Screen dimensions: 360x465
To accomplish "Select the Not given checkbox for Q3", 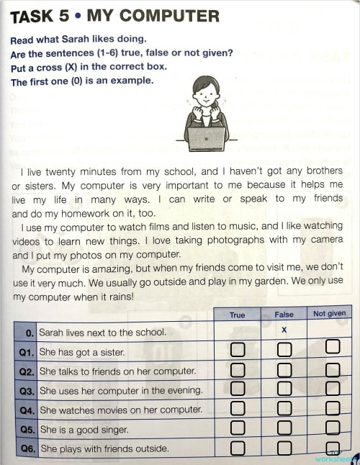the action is (332, 390).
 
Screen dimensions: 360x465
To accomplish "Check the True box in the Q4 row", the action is (238, 410).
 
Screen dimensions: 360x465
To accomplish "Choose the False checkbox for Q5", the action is (284, 430).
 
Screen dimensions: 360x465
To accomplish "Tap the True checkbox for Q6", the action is (238, 449).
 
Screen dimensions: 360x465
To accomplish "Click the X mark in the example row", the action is (284, 330).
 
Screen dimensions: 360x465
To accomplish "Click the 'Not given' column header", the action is (330, 313).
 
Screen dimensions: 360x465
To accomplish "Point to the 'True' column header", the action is (237, 315).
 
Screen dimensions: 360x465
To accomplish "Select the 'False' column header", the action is (284, 315).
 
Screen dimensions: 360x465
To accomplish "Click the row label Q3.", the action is (27, 391).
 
